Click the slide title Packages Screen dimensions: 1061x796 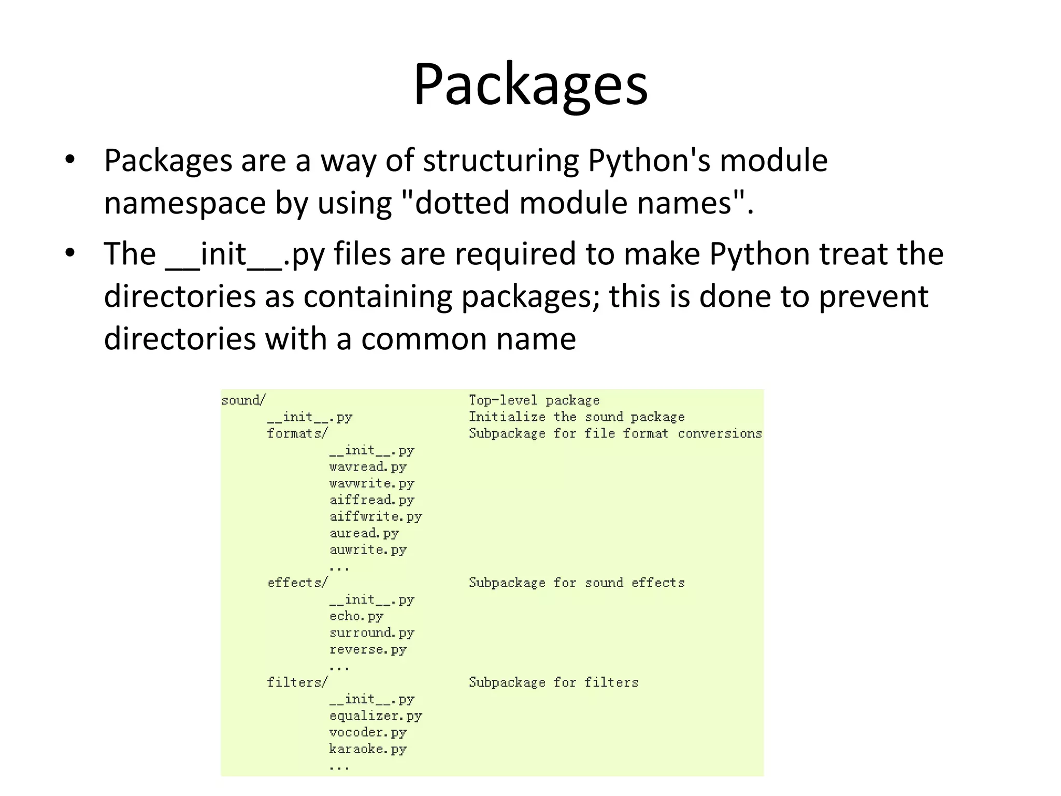(x=530, y=84)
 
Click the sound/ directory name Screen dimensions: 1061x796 (x=243, y=400)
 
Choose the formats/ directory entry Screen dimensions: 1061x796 (x=297, y=433)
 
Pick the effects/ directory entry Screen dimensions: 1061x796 (x=297, y=582)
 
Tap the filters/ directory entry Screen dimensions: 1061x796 (x=297, y=682)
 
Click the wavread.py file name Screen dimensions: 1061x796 (x=368, y=467)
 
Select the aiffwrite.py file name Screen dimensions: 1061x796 (x=376, y=517)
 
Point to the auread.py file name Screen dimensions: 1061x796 (x=364, y=533)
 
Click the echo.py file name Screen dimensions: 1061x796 (x=356, y=616)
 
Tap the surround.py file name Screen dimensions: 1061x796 (x=371, y=633)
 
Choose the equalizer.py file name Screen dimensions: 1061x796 (x=376, y=716)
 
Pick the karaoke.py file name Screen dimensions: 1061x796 (x=368, y=749)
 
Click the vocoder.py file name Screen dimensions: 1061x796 (x=368, y=732)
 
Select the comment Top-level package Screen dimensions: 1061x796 (x=534, y=400)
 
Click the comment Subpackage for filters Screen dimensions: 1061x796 (x=553, y=682)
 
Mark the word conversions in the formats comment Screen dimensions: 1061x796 (x=720, y=433)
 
